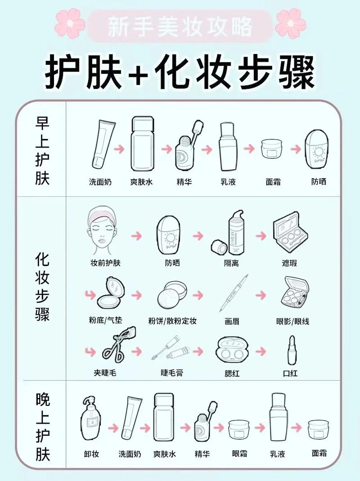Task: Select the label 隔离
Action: (231, 263)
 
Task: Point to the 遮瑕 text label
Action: (289, 263)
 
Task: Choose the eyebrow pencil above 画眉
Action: (234, 293)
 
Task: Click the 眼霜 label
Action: (239, 454)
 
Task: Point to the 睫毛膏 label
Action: (172, 373)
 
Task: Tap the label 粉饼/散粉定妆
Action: (172, 321)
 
